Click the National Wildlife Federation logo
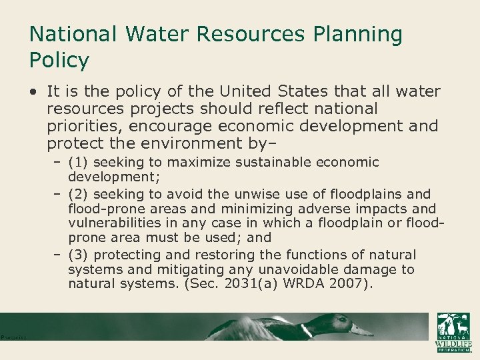[x=453, y=332]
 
